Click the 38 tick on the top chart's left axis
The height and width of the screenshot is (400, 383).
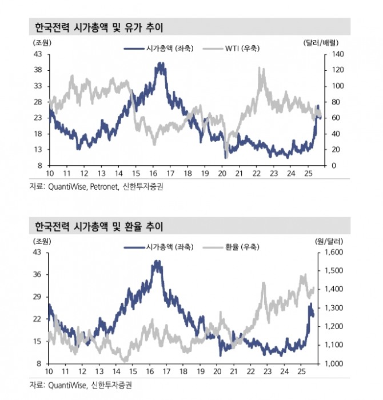pos(39,70)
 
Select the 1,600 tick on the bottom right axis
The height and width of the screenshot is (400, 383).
pos(334,252)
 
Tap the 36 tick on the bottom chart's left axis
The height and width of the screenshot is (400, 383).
pos(38,274)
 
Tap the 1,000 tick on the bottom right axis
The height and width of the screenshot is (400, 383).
pos(334,363)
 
